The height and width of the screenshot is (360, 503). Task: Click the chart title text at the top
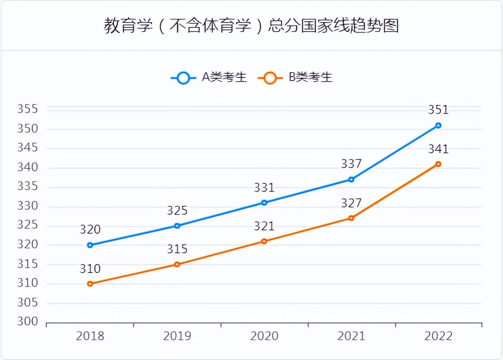pos(251,26)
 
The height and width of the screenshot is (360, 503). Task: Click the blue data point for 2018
pos(90,245)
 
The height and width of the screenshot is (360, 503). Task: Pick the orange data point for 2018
pos(90,284)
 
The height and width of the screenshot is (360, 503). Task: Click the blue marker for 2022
pos(438,125)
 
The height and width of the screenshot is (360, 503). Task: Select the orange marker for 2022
pos(438,164)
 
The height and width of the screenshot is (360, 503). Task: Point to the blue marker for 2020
pos(264,203)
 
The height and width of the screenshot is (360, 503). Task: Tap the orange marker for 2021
pos(351,218)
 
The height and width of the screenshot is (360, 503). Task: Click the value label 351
pos(438,110)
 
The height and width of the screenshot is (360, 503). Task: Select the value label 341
pos(438,149)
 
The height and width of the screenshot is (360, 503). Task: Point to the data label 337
pos(351,164)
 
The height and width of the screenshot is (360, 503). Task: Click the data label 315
pos(177,249)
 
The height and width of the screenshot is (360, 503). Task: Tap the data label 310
pos(90,269)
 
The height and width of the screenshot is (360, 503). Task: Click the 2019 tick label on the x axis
pos(177,336)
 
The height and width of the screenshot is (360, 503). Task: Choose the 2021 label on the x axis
pos(351,336)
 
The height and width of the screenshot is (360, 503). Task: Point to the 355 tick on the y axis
pos(27,109)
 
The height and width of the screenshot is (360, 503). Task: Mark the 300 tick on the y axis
pos(27,322)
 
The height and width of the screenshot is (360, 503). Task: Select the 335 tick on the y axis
pos(27,187)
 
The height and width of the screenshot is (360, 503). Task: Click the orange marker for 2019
pos(177,264)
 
